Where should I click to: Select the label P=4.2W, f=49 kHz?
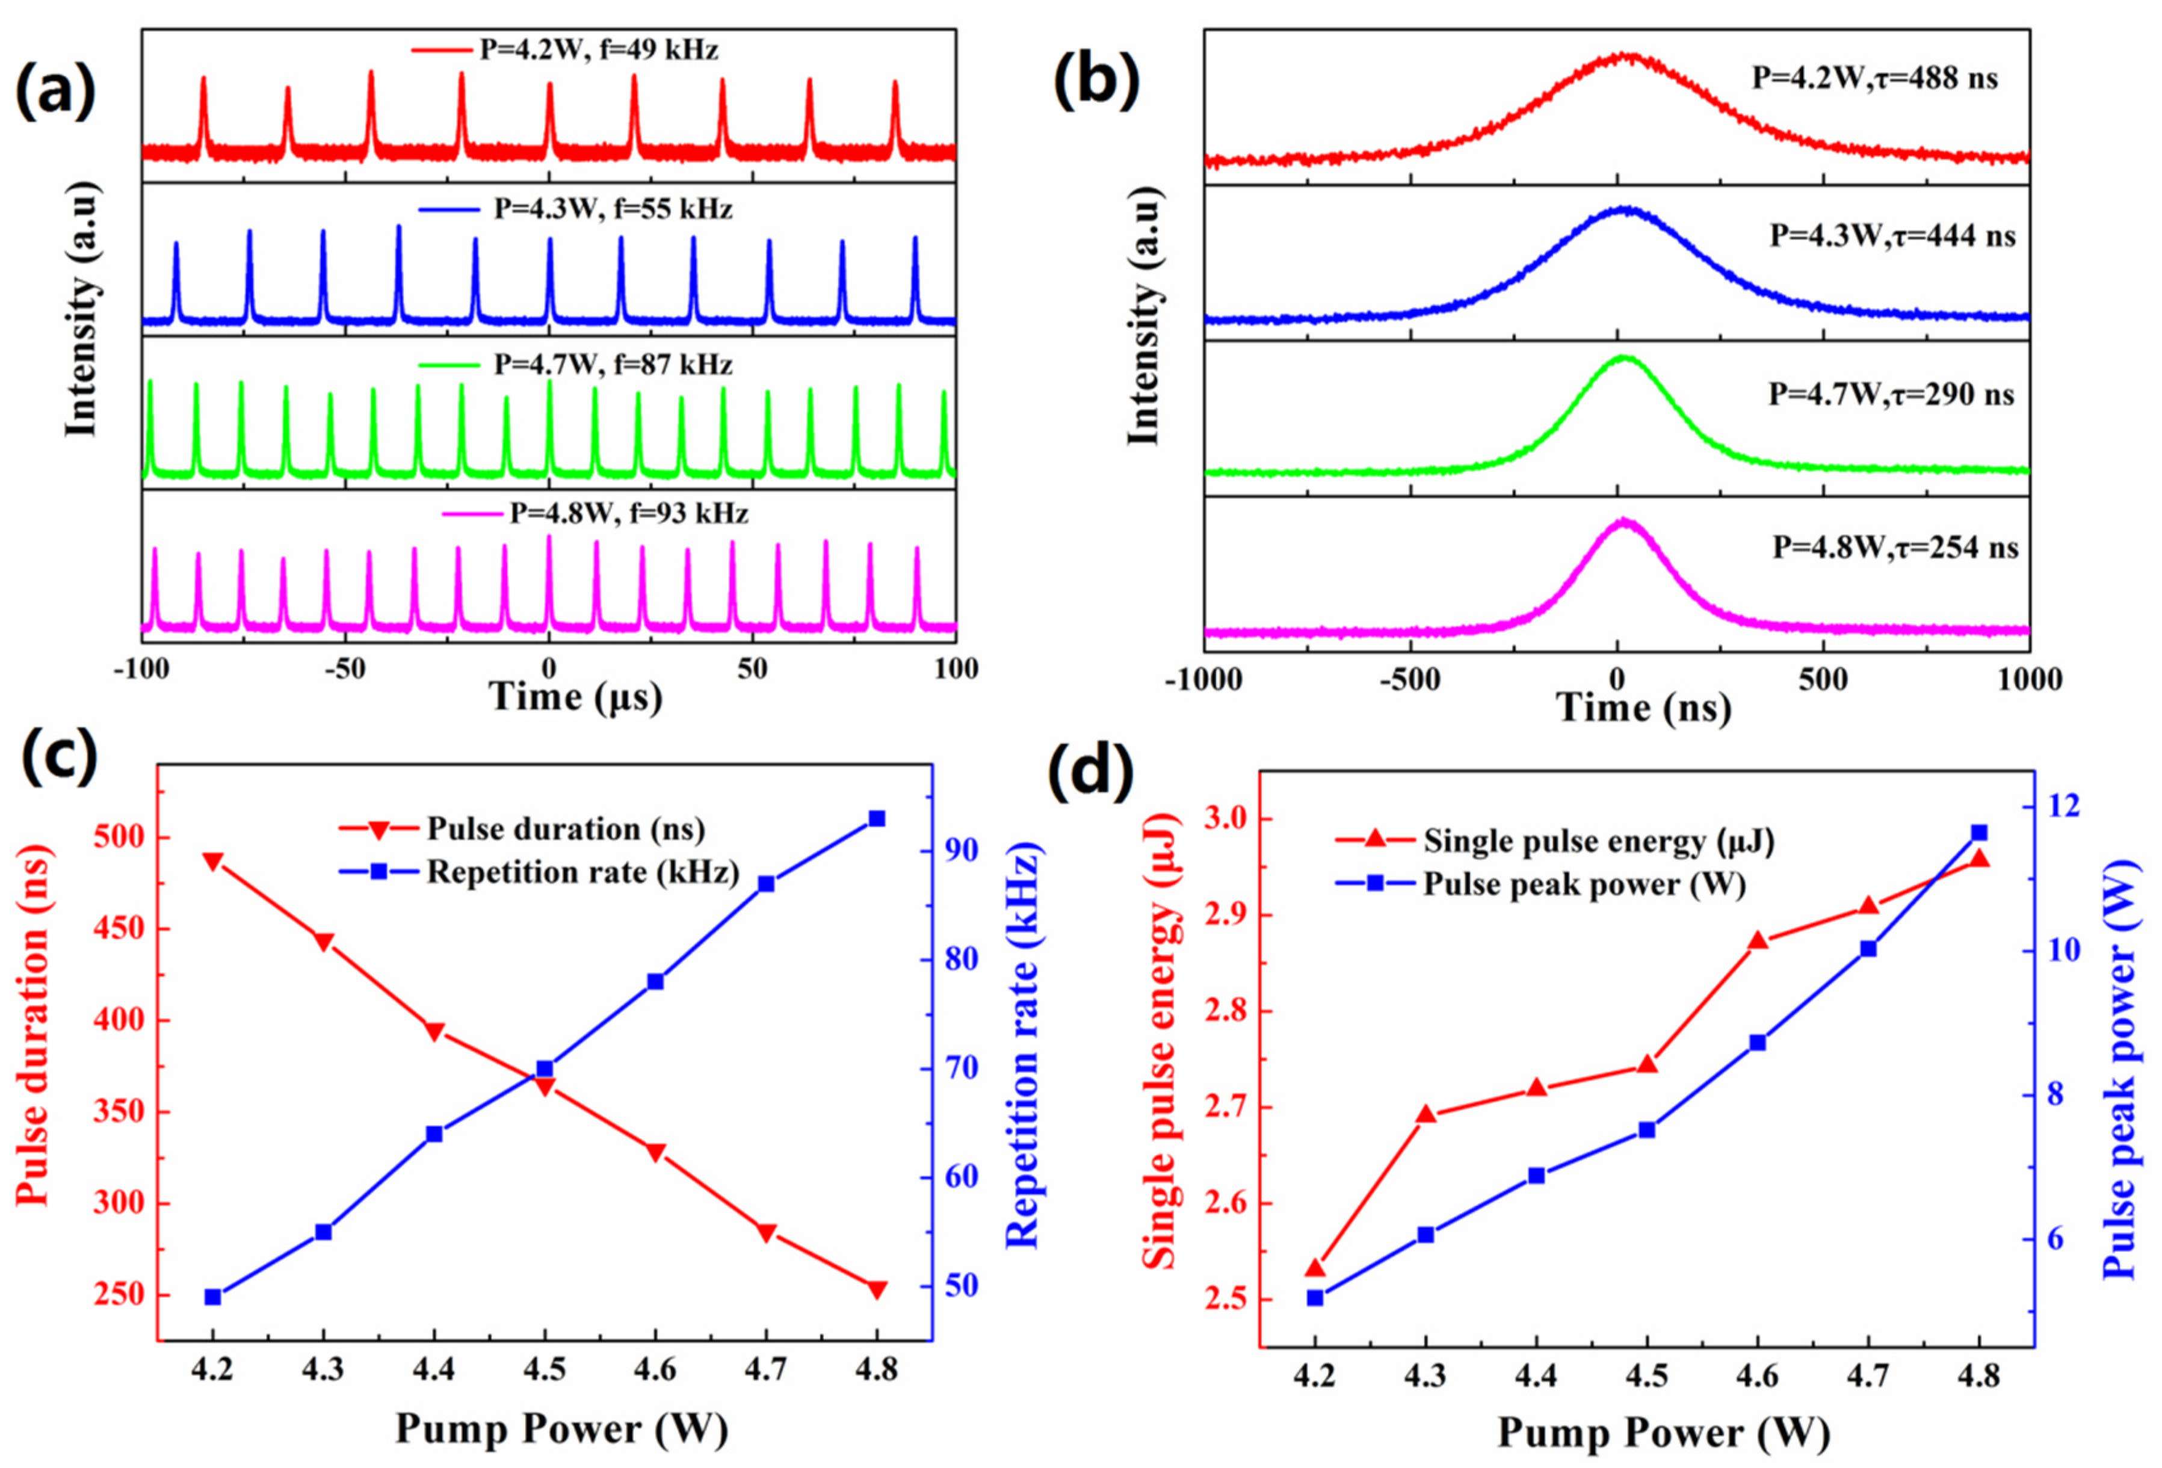(x=598, y=49)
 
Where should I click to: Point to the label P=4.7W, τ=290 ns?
(x=1891, y=395)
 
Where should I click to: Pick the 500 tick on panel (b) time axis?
(x=1823, y=680)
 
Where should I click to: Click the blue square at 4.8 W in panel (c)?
(x=876, y=819)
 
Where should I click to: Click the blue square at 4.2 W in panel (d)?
(x=1315, y=1298)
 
